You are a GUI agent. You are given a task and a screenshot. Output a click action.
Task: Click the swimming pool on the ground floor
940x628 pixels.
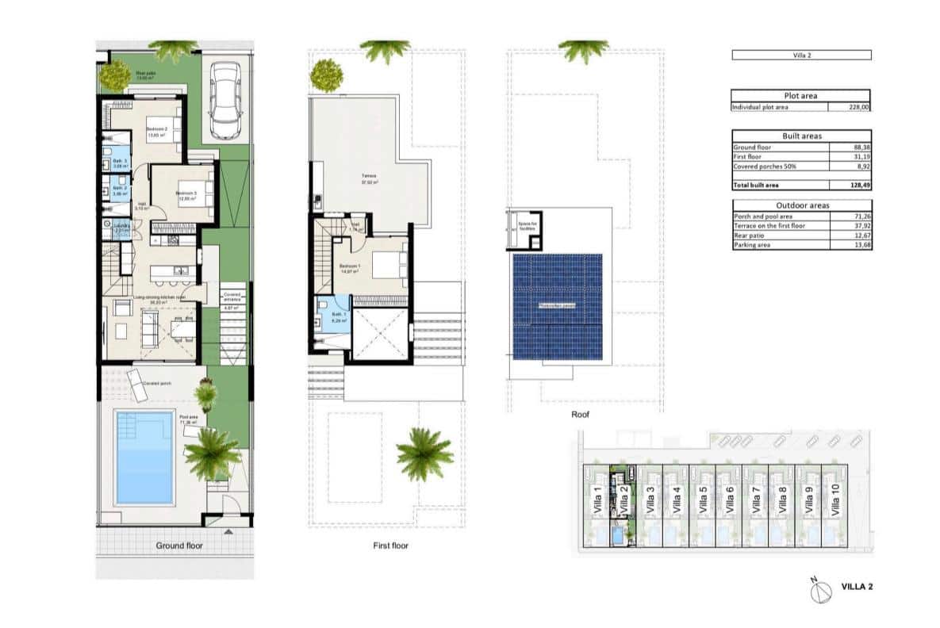(x=144, y=457)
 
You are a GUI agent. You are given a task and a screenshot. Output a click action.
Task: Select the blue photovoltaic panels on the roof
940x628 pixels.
(x=556, y=306)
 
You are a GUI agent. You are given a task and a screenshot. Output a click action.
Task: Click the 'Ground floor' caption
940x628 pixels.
(x=179, y=546)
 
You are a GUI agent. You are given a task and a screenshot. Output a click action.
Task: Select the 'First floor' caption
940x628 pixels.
(x=389, y=546)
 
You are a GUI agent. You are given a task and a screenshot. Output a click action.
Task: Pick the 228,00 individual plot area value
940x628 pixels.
(x=859, y=106)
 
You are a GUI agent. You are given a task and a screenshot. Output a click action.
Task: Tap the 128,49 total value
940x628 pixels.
(x=859, y=185)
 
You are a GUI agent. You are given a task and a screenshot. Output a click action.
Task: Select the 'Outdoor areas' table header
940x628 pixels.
(x=800, y=205)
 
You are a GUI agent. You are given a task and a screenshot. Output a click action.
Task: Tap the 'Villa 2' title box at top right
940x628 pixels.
(x=800, y=56)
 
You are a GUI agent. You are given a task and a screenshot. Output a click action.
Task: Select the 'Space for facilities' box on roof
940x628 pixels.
(x=526, y=227)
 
